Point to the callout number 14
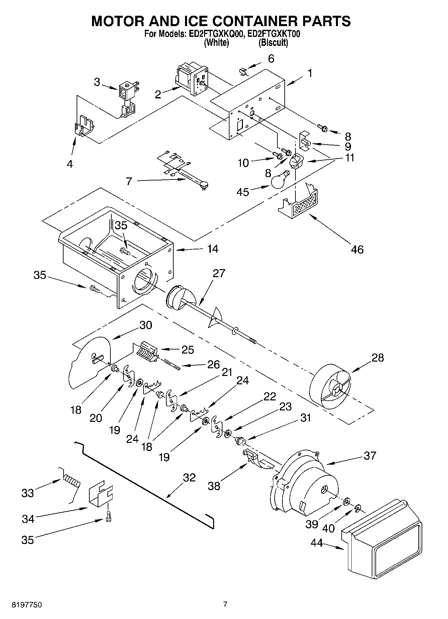[x=212, y=249]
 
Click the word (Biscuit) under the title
[x=273, y=43]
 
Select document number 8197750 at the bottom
[x=27, y=604]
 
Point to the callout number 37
[x=370, y=455]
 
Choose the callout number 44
[x=317, y=543]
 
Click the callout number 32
[x=189, y=477]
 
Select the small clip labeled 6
[x=244, y=71]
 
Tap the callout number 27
[x=219, y=273]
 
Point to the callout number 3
[x=97, y=82]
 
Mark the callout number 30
[x=146, y=325]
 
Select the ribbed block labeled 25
[x=147, y=352]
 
